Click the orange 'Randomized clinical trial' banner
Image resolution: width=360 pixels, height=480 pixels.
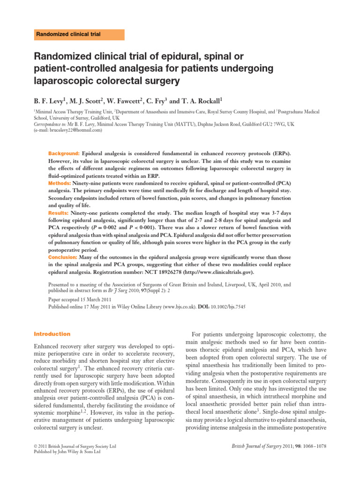coord(78,35)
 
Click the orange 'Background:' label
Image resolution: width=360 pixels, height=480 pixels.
coord(64,153)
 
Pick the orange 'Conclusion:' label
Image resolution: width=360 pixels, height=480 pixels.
coord(63,257)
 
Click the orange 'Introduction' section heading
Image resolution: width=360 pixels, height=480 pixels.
coord(52,334)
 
